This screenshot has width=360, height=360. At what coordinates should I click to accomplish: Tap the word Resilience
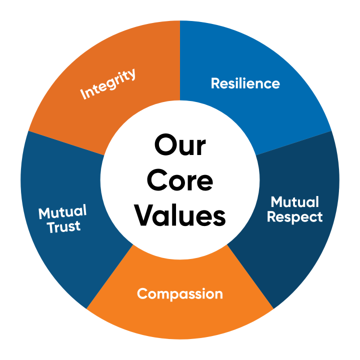[x=245, y=83]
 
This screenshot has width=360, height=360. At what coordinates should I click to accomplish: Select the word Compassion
[x=180, y=293]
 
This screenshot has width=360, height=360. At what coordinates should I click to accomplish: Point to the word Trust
[x=64, y=226]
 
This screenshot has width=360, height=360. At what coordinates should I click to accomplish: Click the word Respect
[x=294, y=217]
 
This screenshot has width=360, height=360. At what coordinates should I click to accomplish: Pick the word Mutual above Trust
[x=62, y=212]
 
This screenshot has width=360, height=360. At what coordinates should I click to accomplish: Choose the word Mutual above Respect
[x=294, y=202]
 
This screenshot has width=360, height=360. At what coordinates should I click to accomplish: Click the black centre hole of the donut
[x=180, y=180]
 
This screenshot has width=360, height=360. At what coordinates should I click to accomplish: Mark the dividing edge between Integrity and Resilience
[x=180, y=60]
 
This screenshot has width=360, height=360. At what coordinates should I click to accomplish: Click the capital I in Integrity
[x=83, y=95]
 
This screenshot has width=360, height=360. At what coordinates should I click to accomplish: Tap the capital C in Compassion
[x=142, y=294]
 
